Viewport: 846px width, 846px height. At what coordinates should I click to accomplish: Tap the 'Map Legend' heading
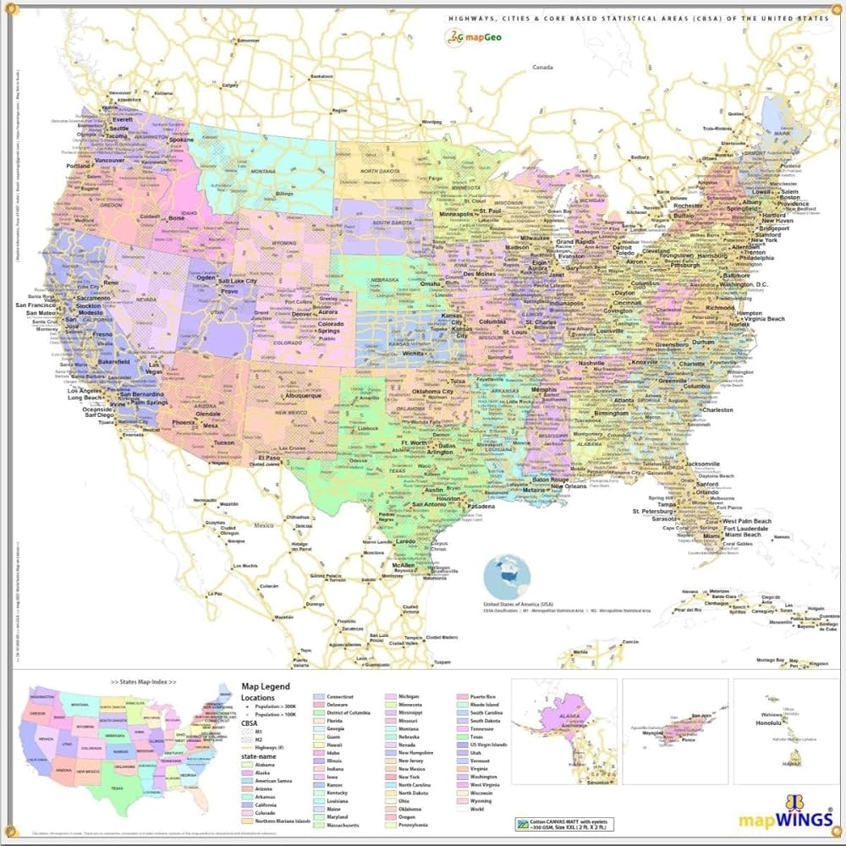click(265, 686)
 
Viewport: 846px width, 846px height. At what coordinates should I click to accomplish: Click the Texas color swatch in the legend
click(464, 737)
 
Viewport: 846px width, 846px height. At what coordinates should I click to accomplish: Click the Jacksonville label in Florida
click(691, 464)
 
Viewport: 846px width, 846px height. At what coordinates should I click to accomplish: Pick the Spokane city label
click(180, 140)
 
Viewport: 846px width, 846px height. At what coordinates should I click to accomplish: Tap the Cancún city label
click(629, 642)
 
